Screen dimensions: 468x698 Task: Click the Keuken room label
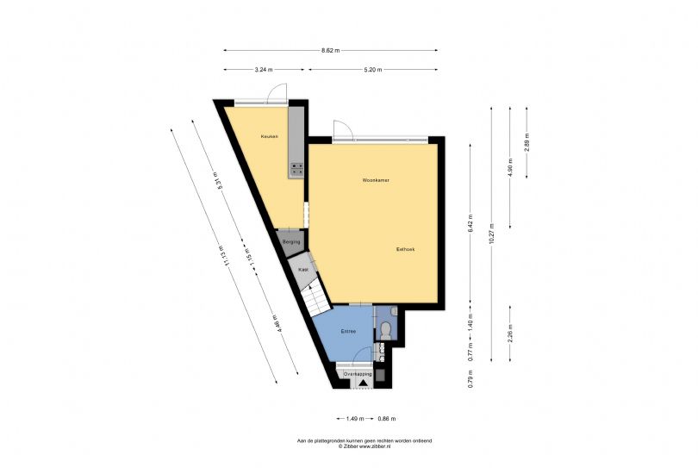coord(269,137)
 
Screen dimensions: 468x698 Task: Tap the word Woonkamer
coord(376,180)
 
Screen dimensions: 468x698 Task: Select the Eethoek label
coord(405,249)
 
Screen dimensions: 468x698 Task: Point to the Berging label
coord(290,242)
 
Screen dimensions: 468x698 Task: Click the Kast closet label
coord(302,270)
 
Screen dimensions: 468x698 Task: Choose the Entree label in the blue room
coord(347,331)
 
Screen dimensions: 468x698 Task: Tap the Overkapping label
coord(357,375)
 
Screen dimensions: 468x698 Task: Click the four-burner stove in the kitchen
coord(297,167)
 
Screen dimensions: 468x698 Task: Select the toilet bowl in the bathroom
coord(386,330)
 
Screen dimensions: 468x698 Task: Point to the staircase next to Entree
coord(315,298)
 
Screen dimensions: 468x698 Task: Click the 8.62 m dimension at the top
coord(330,50)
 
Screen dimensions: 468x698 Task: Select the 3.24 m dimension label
coord(264,70)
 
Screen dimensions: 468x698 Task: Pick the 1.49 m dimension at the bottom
coord(354,418)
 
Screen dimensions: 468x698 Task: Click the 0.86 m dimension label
coord(387,418)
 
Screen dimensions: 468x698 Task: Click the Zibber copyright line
coord(364,446)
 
